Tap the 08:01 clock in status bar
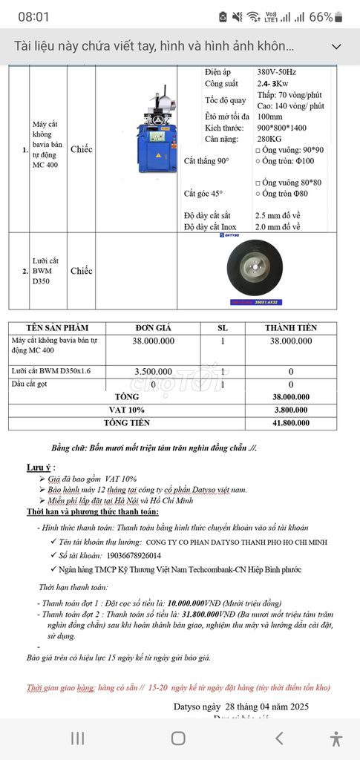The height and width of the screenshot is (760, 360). pos(33,16)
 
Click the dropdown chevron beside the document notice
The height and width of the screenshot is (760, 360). pos(336,47)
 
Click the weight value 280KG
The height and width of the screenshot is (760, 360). pos(270,139)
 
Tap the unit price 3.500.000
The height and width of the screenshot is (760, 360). pos(154,371)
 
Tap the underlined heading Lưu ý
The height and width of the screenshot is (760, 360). pos(39,467)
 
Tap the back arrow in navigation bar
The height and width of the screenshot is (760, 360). pos(279,738)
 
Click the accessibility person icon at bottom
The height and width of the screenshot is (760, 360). pos(336,738)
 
